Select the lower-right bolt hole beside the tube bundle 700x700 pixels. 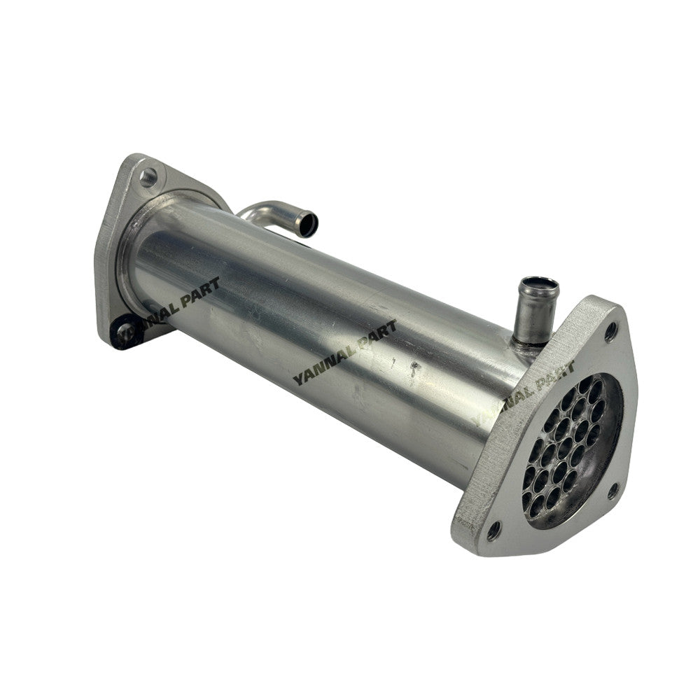click(614, 491)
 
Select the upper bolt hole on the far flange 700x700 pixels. click(148, 176)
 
